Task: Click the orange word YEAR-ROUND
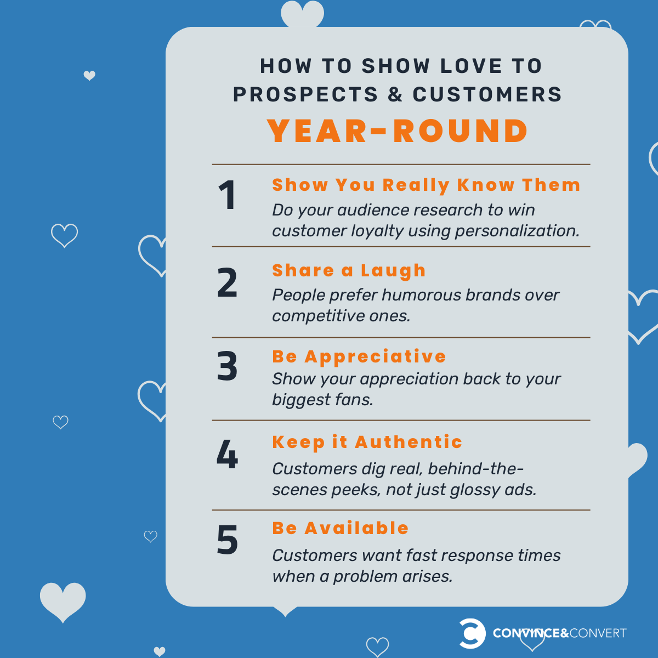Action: (398, 131)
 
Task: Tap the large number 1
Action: (227, 196)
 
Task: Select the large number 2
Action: (227, 283)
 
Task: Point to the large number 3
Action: (227, 367)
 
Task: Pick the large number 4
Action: (227, 455)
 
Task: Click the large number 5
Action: (227, 540)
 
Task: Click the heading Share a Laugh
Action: (349, 270)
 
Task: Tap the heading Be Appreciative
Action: (359, 356)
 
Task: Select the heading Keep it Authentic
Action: (367, 442)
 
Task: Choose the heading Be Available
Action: (341, 528)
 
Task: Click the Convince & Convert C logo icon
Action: (472, 633)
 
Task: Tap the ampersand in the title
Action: (395, 94)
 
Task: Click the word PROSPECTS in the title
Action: (305, 94)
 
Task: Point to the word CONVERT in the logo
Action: (598, 633)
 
